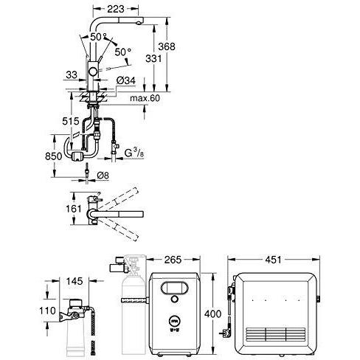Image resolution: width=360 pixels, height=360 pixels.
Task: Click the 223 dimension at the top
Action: point(116,9)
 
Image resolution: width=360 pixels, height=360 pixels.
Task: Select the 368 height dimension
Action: point(167,46)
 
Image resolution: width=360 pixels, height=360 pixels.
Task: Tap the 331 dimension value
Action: point(153,58)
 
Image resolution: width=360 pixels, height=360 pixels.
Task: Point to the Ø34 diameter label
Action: point(126,80)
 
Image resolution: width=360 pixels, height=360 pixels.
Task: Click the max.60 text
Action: point(145,98)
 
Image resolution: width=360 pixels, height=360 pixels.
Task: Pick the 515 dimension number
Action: point(71,121)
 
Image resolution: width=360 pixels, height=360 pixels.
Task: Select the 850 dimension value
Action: point(53,156)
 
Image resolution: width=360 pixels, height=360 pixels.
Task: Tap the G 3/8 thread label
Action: point(134,153)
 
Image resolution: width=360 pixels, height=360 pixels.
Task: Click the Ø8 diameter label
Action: point(103,176)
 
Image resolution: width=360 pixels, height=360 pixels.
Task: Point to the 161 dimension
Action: point(73,209)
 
